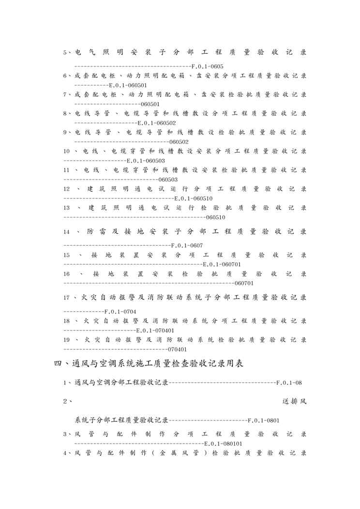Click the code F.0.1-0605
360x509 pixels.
point(207,66)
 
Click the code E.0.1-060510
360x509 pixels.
point(193,198)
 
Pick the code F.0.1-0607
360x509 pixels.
point(187,245)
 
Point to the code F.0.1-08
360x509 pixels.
point(289,383)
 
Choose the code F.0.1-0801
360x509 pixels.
point(263,420)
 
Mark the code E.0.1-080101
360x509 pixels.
point(224,443)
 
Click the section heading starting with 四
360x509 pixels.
point(149,364)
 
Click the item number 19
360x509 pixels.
point(67,340)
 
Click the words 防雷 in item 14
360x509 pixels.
point(96,232)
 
